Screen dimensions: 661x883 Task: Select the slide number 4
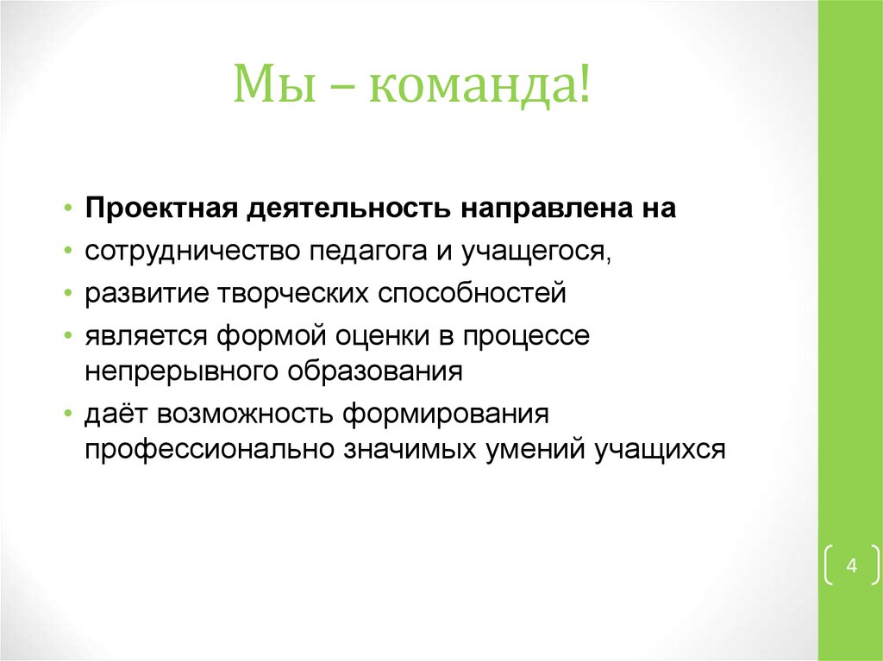point(851,566)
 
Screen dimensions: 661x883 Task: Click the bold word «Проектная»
point(161,209)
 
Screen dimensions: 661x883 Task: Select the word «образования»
point(372,373)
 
